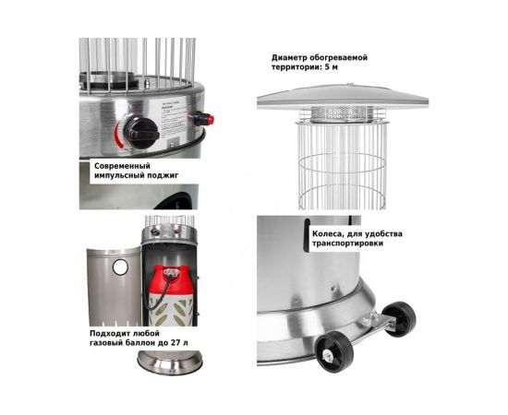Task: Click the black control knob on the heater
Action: point(141,133)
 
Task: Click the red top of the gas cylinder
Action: point(171,279)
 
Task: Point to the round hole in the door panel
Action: point(120,267)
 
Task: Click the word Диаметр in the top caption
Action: point(284,58)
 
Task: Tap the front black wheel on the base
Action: point(334,352)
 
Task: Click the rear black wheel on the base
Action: point(398,319)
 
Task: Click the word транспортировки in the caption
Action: point(347,243)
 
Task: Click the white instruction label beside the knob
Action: point(174,119)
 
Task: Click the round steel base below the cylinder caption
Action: point(170,362)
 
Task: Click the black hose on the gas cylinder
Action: point(161,292)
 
